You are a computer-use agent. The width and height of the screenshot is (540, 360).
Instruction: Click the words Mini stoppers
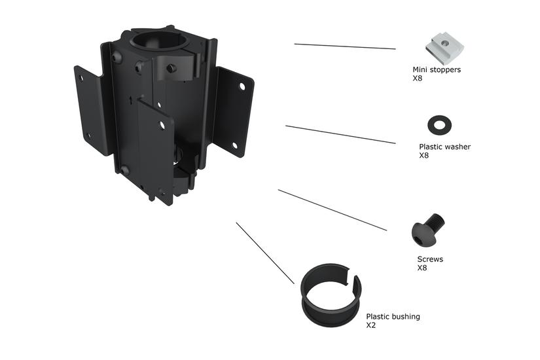(436, 69)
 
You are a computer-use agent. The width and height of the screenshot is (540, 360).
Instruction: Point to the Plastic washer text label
(444, 147)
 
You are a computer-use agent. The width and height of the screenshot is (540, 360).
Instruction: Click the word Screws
(430, 259)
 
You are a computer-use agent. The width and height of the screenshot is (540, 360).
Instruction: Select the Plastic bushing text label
(393, 317)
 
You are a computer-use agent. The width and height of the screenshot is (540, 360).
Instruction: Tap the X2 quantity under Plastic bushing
(370, 325)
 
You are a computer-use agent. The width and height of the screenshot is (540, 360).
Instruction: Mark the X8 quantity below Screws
(422, 268)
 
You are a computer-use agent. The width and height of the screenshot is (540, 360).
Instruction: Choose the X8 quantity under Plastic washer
(423, 156)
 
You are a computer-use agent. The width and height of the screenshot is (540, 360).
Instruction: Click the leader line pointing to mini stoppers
(345, 46)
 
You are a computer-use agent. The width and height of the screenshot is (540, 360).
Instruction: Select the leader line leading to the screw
(332, 210)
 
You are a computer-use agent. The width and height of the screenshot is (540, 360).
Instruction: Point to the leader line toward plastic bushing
(265, 253)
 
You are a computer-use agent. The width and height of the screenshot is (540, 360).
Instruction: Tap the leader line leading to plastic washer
(340, 134)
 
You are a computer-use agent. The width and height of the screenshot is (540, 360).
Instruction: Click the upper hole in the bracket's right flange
(242, 86)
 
